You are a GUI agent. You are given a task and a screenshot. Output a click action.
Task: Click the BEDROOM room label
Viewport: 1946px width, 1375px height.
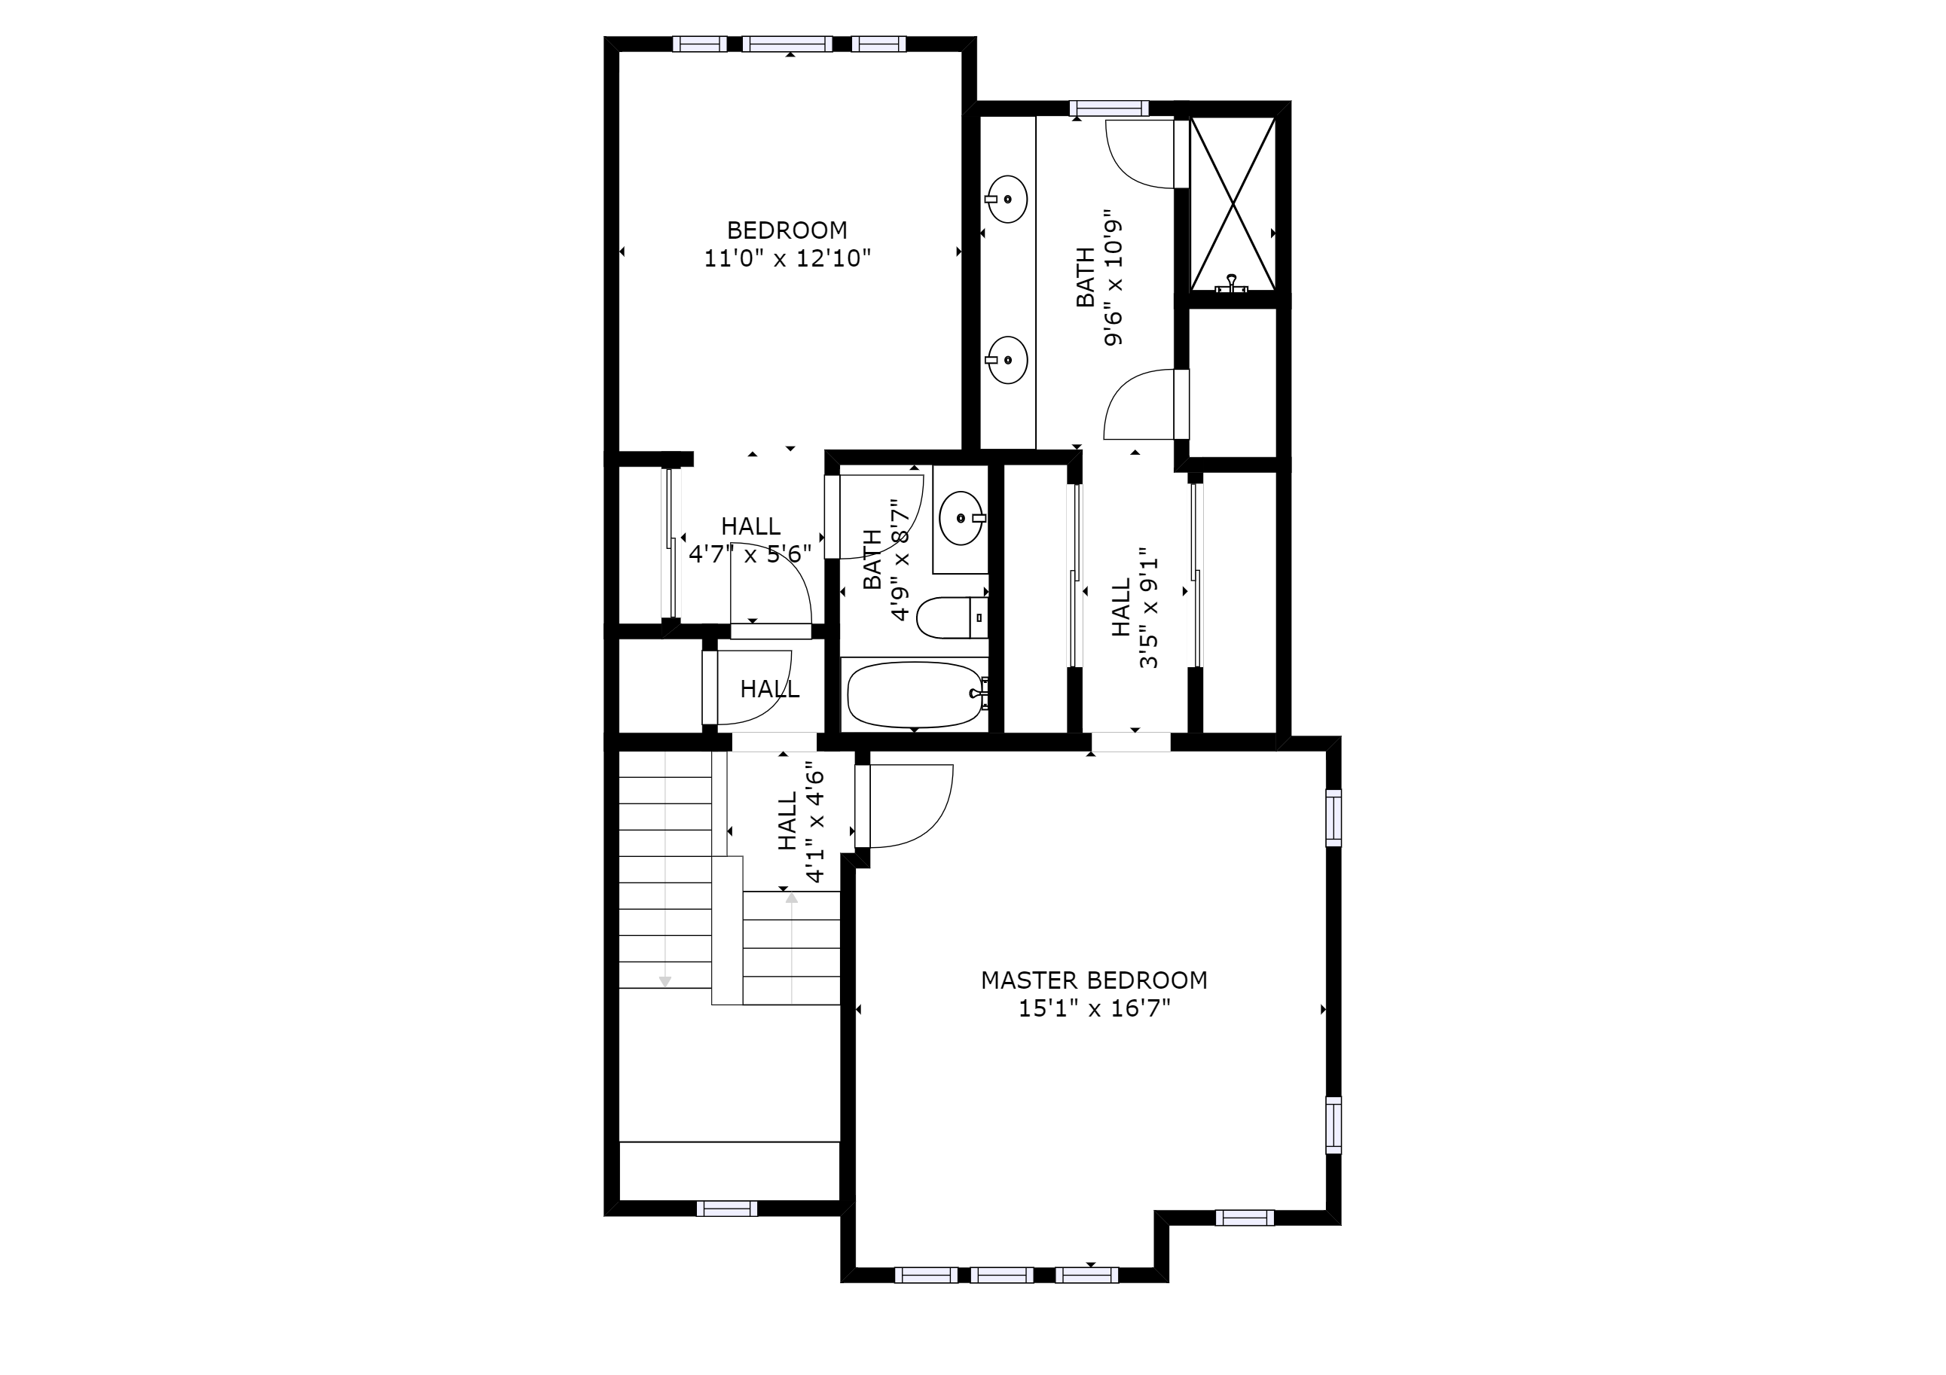(x=787, y=230)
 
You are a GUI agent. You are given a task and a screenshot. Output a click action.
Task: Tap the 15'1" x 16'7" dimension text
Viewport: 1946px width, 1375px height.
(x=1093, y=1008)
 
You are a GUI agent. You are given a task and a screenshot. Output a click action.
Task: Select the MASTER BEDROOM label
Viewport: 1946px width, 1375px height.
(x=1093, y=980)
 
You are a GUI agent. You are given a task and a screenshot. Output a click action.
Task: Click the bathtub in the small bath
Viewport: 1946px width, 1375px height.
(x=915, y=695)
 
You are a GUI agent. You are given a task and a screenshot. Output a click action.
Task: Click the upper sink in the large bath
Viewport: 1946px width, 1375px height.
(x=1008, y=199)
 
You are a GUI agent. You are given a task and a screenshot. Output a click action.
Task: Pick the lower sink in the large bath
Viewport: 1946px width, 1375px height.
(x=1008, y=360)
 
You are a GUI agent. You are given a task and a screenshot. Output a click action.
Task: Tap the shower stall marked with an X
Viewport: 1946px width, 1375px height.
(x=1233, y=204)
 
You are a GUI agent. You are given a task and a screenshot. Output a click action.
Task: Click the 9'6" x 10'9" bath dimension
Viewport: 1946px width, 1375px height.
(x=1113, y=278)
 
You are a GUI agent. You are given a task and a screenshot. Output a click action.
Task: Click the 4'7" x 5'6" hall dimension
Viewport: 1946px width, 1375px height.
(x=750, y=554)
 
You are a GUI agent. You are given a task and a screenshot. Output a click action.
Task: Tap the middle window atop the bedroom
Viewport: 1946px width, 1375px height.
(x=787, y=44)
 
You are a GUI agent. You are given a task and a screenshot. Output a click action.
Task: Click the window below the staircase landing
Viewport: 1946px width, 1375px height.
(x=726, y=1209)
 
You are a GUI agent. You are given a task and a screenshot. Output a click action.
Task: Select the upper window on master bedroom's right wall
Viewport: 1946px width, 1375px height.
(x=1333, y=818)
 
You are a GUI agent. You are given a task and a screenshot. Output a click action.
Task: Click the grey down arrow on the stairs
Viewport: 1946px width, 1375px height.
(x=665, y=981)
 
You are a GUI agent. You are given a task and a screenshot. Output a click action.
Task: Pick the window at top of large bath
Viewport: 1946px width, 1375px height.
(x=1109, y=108)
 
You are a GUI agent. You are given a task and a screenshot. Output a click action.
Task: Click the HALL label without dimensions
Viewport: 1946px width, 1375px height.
(x=768, y=690)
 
